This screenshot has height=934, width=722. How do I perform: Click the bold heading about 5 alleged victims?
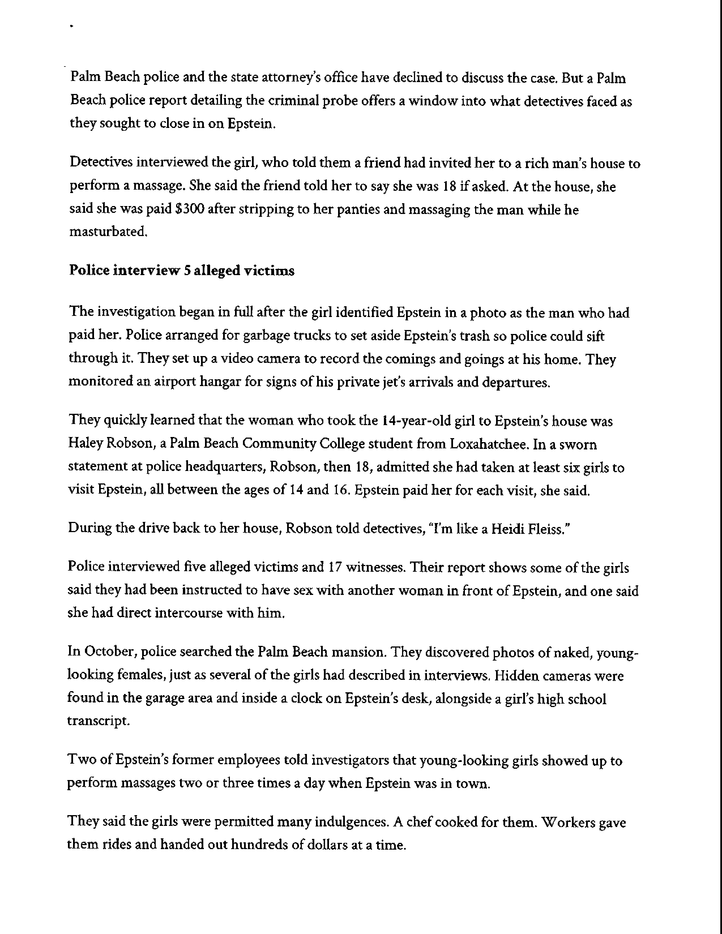pyautogui.click(x=182, y=271)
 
